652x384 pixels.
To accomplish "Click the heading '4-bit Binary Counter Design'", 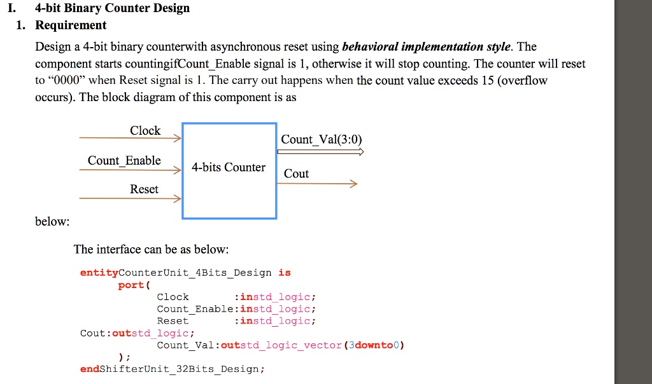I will (x=112, y=8).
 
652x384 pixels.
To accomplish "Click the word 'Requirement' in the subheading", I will (x=71, y=25).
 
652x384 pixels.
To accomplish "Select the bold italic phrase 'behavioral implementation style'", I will (x=426, y=47).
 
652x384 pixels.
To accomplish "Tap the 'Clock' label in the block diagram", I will (x=145, y=130).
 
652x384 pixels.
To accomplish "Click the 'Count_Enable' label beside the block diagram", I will (x=124, y=160).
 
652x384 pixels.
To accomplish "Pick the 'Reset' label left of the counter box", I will (x=144, y=189).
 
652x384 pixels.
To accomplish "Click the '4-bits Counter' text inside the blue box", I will (x=229, y=167).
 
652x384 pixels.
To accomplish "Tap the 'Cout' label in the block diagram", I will (x=296, y=174).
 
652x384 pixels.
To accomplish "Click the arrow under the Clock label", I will (x=131, y=138).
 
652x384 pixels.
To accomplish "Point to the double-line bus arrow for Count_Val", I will (x=320, y=152).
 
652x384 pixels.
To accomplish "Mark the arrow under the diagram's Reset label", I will (x=131, y=198).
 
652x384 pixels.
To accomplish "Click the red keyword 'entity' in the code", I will (x=99, y=273).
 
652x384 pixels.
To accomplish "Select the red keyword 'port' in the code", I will (x=131, y=285).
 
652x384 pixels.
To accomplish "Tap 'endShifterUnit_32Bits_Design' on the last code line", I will (x=172, y=369).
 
